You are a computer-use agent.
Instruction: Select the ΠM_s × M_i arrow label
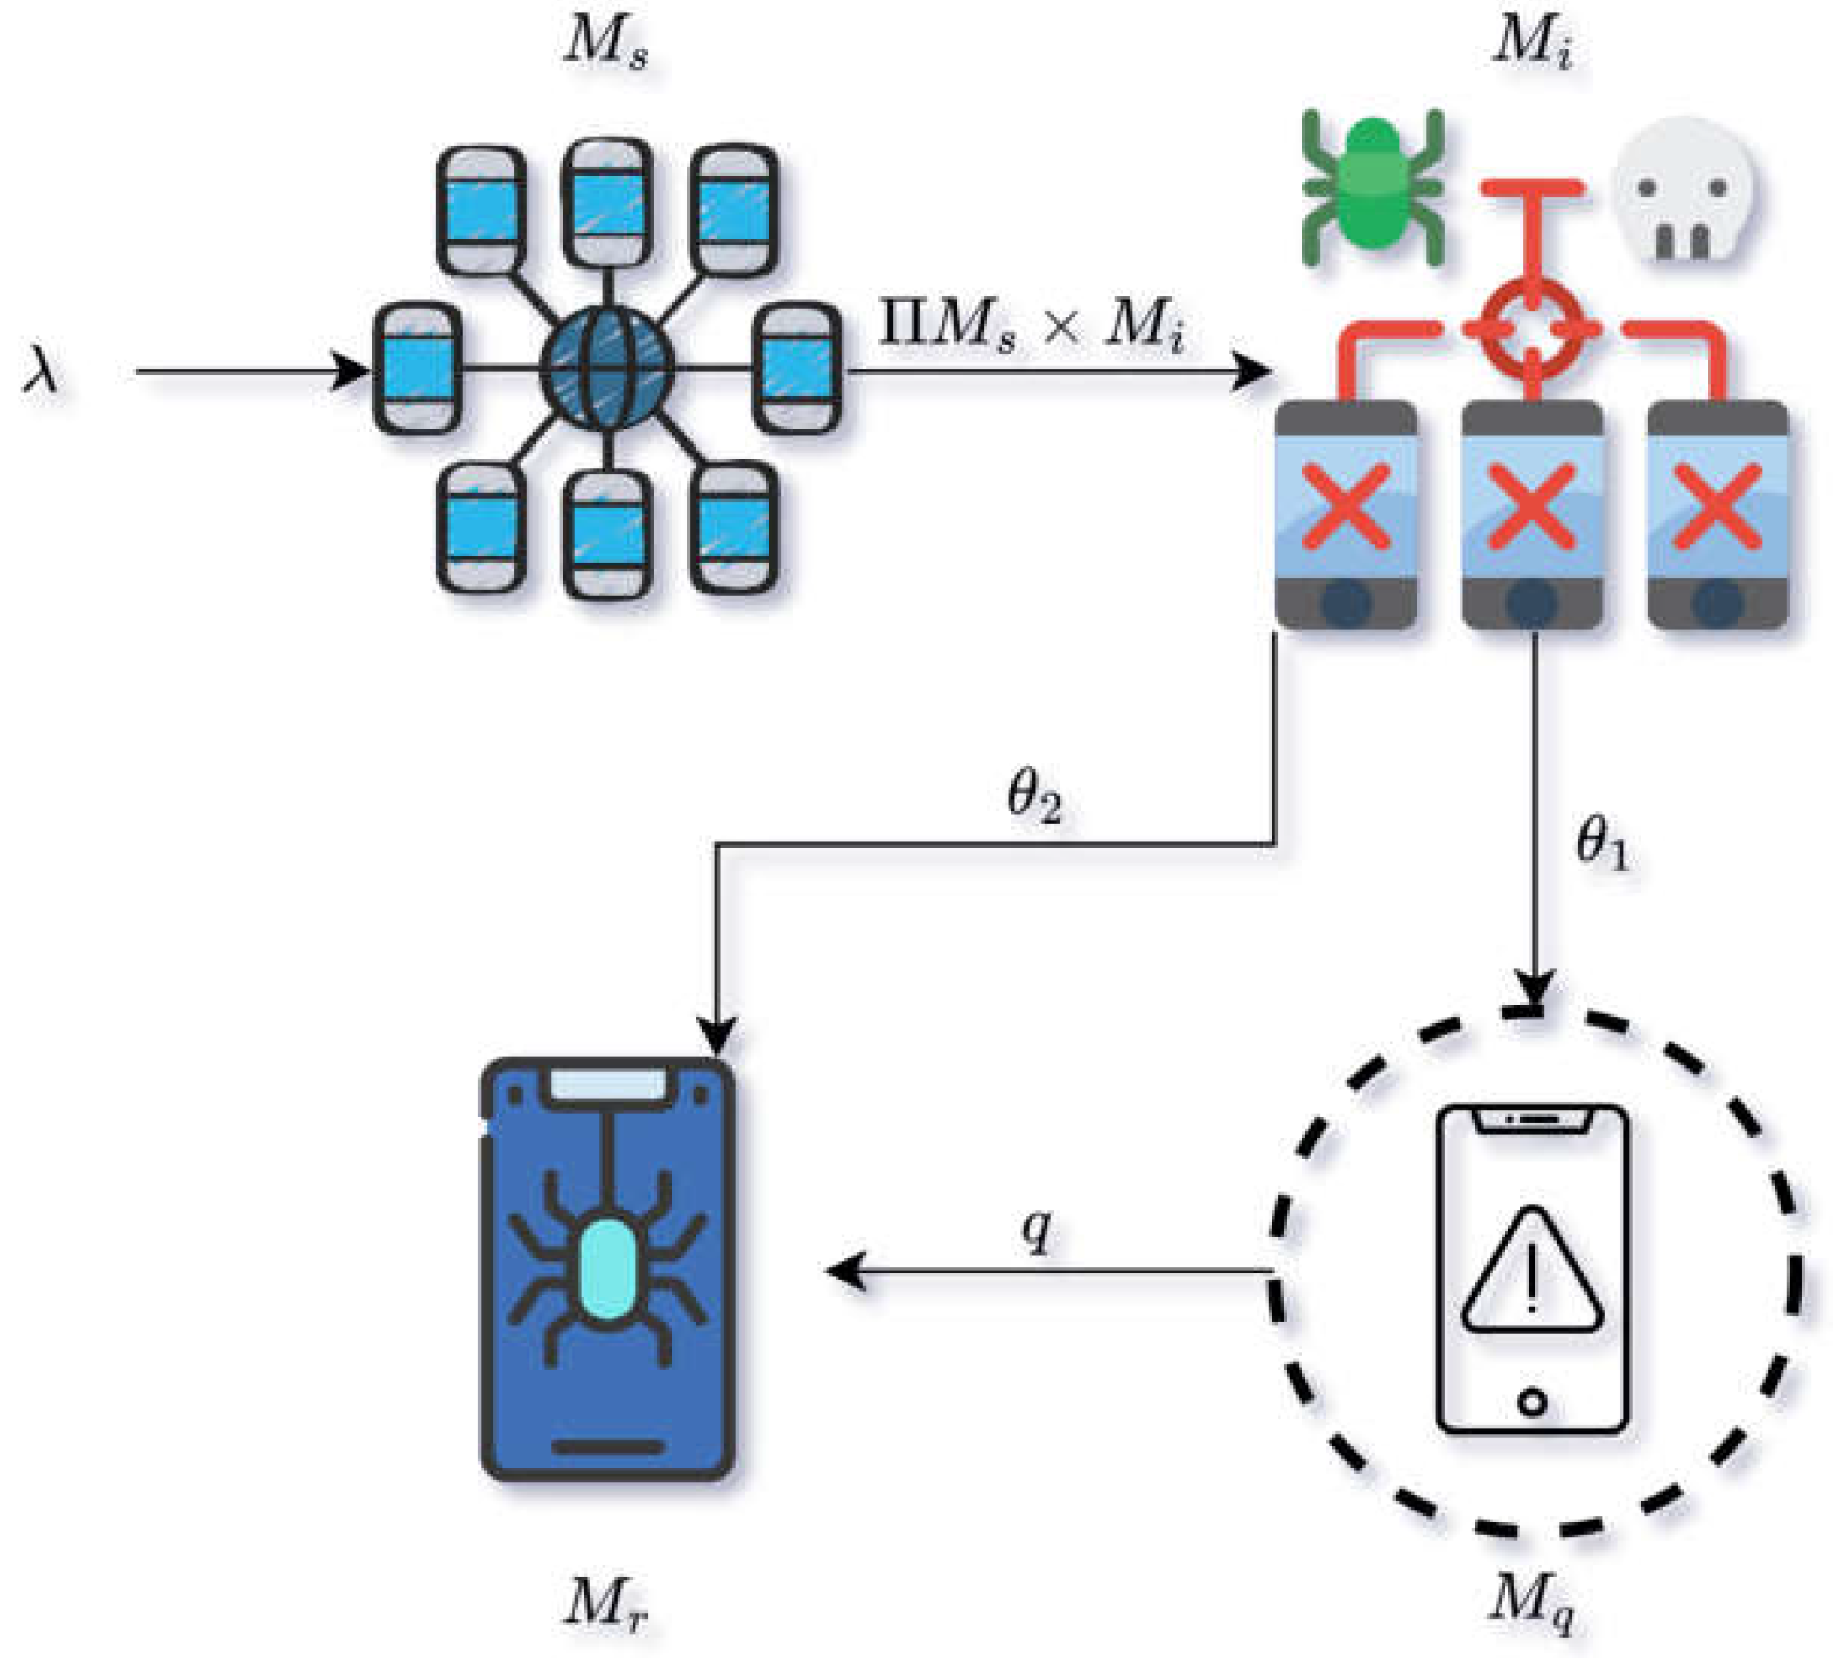click(x=1032, y=326)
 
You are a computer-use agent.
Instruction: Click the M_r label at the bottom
click(x=605, y=1602)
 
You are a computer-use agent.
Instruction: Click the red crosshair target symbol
click(x=1532, y=327)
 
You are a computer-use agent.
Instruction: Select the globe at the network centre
click(x=606, y=369)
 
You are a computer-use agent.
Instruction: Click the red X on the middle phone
click(x=1532, y=506)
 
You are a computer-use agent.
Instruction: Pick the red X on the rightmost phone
click(x=1717, y=506)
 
